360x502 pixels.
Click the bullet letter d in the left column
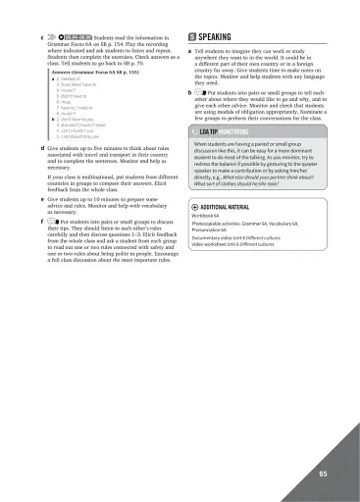(x=39, y=146)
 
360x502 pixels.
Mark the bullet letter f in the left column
(x=39, y=222)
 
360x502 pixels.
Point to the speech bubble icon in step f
(x=51, y=222)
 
